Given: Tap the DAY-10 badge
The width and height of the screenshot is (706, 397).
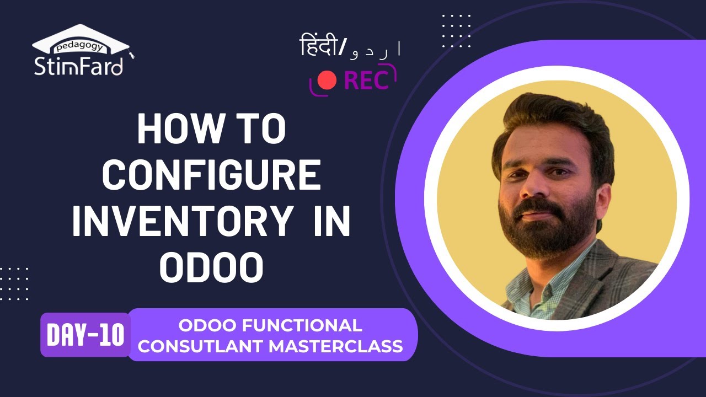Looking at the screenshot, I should (x=85, y=335).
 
